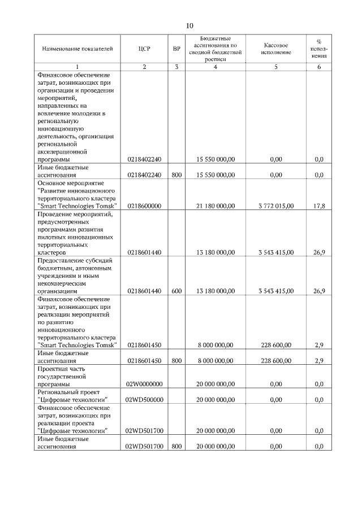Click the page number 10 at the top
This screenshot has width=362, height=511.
[x=189, y=25]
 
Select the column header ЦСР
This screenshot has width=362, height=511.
[x=144, y=49]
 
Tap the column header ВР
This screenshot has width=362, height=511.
[x=176, y=49]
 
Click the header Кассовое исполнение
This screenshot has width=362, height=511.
[x=276, y=49]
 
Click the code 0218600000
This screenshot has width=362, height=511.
[x=144, y=206]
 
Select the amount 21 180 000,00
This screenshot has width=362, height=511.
[x=215, y=206]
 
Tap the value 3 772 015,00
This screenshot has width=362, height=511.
[x=275, y=206]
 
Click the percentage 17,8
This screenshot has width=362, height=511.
[x=319, y=206]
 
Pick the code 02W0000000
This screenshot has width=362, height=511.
[x=144, y=384]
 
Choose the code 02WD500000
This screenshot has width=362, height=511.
[x=144, y=399]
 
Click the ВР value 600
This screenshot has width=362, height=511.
[x=176, y=291]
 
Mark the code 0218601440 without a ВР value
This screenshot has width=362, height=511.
[x=144, y=252]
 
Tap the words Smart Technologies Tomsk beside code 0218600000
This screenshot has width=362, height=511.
[x=77, y=206]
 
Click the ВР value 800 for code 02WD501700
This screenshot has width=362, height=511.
[x=176, y=446]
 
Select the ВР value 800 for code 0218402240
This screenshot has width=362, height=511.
[x=176, y=175]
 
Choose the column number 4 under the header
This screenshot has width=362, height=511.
[x=215, y=67]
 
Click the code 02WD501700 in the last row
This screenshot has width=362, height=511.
[x=144, y=446]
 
